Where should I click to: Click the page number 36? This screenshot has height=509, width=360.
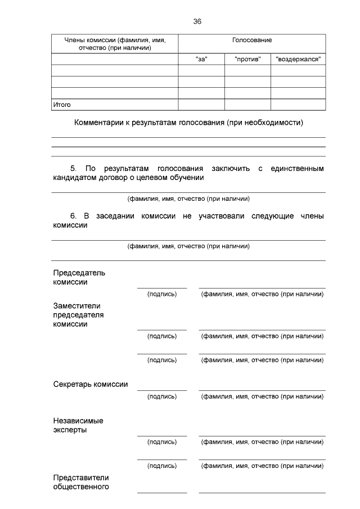(197, 21)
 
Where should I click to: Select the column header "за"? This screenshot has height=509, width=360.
(201, 59)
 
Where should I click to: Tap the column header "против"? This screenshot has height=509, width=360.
(247, 59)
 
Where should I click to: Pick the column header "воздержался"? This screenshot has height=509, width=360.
(298, 59)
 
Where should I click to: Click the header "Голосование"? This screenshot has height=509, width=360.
(251, 40)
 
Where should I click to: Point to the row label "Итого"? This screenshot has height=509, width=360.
(62, 105)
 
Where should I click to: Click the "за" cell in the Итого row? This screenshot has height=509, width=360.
(201, 105)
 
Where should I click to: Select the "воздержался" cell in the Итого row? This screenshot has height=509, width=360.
(298, 105)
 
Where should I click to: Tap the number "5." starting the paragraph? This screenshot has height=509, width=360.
(74, 168)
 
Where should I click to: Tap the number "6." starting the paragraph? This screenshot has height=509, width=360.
(74, 216)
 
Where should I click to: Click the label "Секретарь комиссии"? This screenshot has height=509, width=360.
(90, 385)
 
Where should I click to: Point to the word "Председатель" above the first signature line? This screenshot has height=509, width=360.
(79, 273)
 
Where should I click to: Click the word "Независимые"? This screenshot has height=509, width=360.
(78, 421)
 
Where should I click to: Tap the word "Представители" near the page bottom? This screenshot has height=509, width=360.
(80, 478)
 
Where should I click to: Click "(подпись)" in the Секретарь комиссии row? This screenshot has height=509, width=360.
(161, 397)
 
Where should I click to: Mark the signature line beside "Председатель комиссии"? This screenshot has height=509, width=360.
(161, 287)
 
